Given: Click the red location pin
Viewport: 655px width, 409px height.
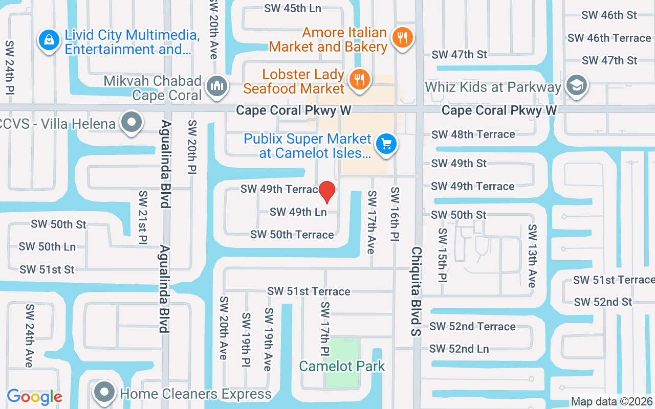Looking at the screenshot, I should coord(327,192).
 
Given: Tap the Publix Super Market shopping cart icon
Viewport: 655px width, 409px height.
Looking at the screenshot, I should coord(386,144).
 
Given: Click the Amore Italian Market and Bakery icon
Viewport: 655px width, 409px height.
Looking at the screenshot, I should coord(403,37).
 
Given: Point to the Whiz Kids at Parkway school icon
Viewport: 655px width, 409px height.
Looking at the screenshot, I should coord(577,85).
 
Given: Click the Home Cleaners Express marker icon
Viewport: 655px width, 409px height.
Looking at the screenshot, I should coord(105,392).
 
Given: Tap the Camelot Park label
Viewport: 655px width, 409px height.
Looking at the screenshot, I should coord(342,366).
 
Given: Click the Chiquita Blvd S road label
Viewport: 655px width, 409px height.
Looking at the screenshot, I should coord(417,291).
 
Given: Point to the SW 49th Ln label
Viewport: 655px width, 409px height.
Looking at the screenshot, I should coord(298,212).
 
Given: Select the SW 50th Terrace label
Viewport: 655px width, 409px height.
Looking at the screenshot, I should coord(292,235).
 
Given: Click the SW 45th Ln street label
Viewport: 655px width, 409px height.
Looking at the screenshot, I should coord(293,9).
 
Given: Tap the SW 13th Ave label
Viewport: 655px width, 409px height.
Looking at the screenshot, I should coord(532,256).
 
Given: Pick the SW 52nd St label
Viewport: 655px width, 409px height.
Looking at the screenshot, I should coord(603,302).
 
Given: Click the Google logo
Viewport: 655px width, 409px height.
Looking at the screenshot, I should coord(34,397).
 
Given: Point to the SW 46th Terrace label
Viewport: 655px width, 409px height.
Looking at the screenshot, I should coord(609,38).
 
